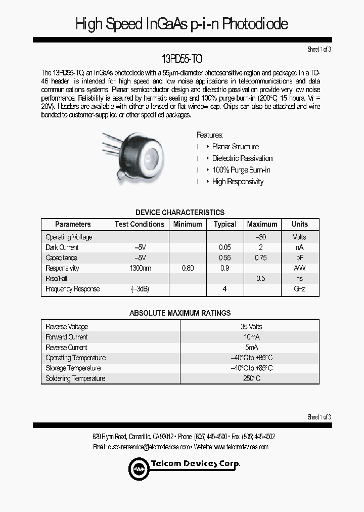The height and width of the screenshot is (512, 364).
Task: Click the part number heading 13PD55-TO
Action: point(181,59)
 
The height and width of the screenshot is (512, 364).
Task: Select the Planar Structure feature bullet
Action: point(235,147)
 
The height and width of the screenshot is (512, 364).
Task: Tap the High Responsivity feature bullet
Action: point(238,182)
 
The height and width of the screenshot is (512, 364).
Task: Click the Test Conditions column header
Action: point(139,224)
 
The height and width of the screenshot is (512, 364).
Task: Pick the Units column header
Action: point(299,224)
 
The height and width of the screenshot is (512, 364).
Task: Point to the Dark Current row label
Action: point(62,247)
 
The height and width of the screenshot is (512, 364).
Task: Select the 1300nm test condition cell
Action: point(140,268)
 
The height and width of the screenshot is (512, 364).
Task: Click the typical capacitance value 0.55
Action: point(224,258)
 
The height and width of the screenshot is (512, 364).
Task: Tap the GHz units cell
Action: point(300,289)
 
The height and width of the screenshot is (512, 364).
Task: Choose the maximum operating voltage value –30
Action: point(260,237)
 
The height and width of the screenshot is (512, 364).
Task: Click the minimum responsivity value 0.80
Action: point(187,268)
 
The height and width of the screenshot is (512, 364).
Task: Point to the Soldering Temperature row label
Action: point(75,378)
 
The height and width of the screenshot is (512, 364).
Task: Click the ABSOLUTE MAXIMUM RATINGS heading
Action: point(180,313)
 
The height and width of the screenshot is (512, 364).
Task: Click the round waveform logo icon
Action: point(138,468)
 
